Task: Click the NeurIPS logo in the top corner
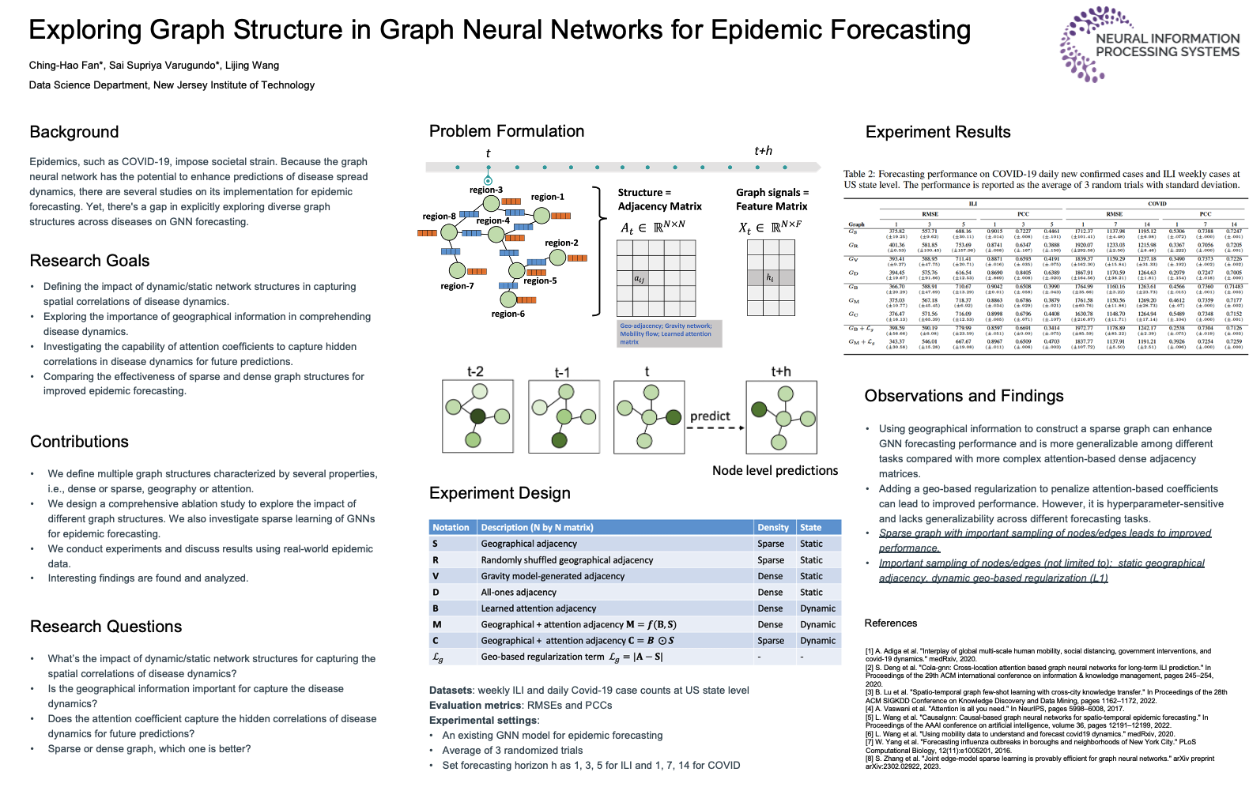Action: point(1150,44)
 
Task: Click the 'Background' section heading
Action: point(74,132)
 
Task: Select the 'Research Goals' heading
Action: point(89,261)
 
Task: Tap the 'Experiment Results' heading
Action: point(938,132)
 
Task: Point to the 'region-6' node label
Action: point(508,314)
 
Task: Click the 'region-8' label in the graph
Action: point(439,216)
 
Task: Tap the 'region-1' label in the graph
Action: point(547,197)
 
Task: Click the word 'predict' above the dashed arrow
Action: point(710,416)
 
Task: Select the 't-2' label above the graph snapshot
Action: point(475,371)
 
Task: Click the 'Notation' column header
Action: point(451,527)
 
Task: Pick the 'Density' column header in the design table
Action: point(772,527)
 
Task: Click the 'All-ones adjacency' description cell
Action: point(519,592)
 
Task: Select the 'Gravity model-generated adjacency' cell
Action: point(553,576)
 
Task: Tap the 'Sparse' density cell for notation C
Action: point(771,641)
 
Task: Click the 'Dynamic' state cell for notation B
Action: point(817,608)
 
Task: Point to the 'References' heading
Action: point(890,623)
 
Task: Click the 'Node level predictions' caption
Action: point(775,470)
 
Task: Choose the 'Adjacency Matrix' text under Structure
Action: point(659,206)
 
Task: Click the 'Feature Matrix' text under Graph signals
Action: point(772,206)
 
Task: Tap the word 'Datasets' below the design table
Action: point(451,690)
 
